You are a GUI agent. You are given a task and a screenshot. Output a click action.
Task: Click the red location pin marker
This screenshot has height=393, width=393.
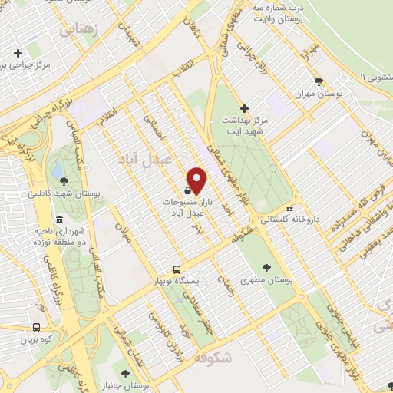[197, 180]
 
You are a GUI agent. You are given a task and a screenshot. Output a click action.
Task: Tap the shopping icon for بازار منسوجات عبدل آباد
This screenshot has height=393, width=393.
[187, 190]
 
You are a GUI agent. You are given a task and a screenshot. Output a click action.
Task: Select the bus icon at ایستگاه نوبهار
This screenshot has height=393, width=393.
[177, 269]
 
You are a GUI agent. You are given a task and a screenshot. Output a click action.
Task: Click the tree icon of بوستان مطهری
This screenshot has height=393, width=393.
[266, 268]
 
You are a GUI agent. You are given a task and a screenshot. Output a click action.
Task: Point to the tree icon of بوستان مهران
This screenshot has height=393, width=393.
[319, 81]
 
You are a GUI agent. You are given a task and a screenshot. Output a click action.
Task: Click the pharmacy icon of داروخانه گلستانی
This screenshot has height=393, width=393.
[289, 208]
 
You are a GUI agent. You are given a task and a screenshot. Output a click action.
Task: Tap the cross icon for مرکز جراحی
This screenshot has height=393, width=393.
[18, 53]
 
